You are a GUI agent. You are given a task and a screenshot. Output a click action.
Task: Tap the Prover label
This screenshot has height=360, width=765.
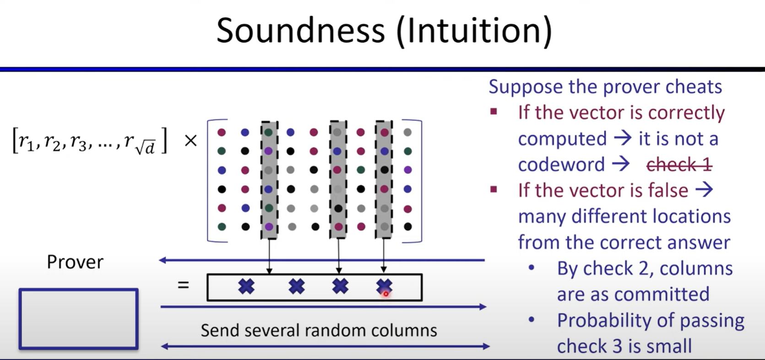click(75, 262)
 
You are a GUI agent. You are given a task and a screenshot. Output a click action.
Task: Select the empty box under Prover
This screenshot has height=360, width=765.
click(79, 319)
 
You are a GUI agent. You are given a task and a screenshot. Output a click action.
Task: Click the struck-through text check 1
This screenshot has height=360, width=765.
click(679, 165)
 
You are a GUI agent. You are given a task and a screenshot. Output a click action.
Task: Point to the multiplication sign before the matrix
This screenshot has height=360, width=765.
click(190, 140)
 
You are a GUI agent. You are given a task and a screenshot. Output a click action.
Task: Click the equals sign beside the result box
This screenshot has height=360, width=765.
click(184, 284)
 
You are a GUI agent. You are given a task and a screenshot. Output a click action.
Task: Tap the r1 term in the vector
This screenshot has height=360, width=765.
click(26, 141)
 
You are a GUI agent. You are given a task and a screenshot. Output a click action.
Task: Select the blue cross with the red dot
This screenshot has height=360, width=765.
click(384, 287)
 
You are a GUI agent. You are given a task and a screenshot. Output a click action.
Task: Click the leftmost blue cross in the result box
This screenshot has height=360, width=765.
click(246, 286)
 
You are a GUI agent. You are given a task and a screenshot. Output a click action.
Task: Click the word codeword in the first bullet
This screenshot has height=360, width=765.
click(561, 164)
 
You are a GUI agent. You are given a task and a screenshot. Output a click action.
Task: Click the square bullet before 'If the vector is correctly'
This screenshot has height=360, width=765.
click(494, 112)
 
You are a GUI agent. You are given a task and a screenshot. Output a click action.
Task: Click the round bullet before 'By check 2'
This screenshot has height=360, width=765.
click(532, 268)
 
